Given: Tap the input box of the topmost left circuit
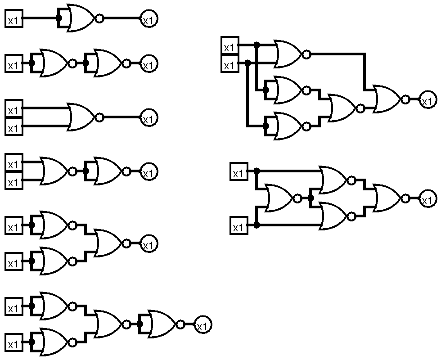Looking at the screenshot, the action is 13,20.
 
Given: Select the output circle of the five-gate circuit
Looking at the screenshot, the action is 427,100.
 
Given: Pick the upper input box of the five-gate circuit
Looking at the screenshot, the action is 229,47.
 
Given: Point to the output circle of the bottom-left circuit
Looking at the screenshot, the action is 202,325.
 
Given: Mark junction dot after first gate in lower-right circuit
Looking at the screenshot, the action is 310,198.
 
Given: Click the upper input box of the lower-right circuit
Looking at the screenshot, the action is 238,172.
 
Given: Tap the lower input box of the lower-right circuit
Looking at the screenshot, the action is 238,226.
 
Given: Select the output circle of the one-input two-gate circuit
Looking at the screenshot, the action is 148,64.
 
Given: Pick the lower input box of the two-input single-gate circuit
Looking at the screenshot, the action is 13,128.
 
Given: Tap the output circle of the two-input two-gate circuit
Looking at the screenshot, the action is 148,172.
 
